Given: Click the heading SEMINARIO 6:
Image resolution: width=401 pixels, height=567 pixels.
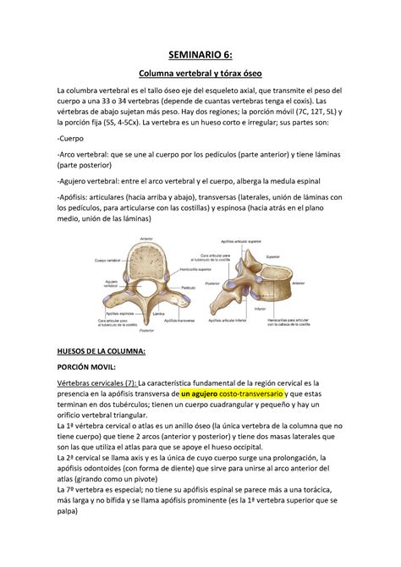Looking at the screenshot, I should [200, 57].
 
